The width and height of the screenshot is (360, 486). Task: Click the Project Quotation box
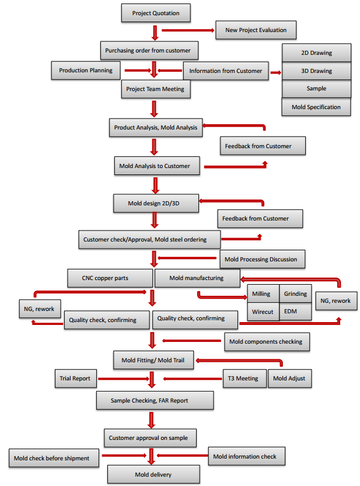coord(156,13)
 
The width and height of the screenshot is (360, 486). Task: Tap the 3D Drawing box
coord(316,71)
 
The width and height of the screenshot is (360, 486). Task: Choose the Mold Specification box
coord(316,107)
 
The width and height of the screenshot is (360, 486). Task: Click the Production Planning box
coord(86,71)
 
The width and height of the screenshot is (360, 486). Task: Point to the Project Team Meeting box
coord(155,89)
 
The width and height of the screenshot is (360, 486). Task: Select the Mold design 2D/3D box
coord(156,204)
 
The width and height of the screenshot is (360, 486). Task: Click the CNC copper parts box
coord(109,278)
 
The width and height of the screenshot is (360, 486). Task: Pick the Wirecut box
coord(263,312)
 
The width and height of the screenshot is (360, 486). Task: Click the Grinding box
coord(295,293)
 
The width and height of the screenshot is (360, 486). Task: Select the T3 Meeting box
coord(244,378)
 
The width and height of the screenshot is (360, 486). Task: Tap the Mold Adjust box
coord(289,378)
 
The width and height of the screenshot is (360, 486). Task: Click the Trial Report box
coord(75,378)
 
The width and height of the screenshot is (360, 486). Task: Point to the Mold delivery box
coord(154,474)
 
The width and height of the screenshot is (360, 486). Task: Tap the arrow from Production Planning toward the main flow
coord(135,71)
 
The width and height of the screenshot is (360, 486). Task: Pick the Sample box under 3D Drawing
coord(316,89)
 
